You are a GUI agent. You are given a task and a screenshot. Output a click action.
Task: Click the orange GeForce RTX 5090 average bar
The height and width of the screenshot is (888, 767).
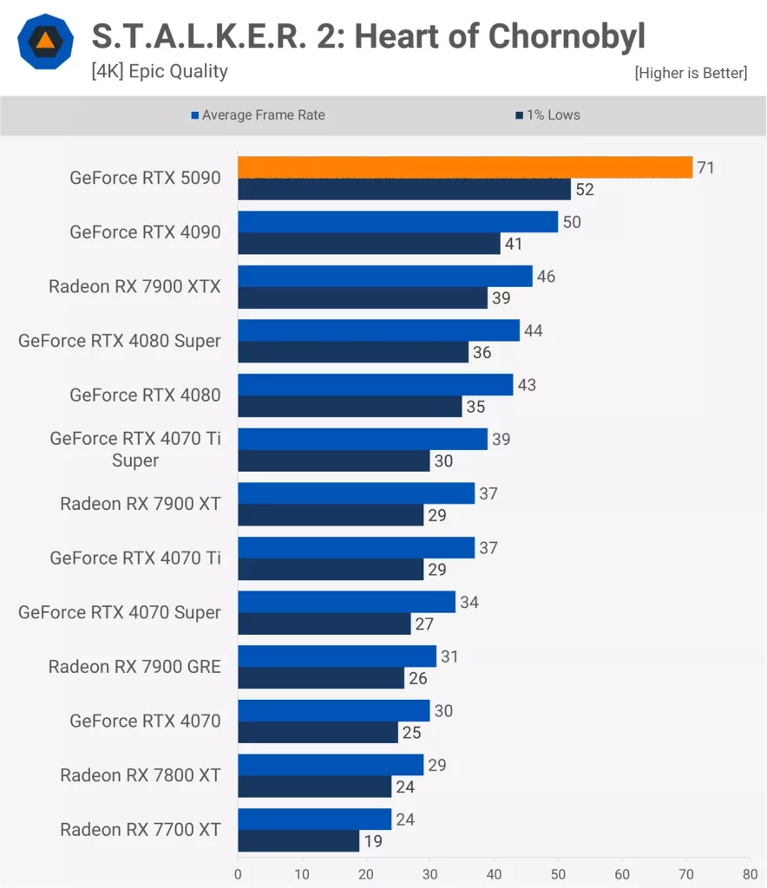pos(465,167)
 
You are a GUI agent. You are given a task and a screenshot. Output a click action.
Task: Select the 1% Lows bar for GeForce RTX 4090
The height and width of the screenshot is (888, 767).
pos(369,244)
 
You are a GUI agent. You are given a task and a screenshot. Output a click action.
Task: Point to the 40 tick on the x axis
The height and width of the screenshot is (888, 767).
pos(495,873)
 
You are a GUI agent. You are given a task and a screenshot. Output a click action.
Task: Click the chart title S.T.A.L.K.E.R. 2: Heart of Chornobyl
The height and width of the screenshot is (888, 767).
pos(368,37)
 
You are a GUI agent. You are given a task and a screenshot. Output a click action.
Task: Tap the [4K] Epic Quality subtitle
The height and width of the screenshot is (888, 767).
pos(160,72)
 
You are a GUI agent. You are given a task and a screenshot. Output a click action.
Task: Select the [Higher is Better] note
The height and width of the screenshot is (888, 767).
pos(691,74)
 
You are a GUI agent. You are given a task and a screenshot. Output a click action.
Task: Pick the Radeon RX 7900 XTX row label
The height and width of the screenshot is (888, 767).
pos(134,286)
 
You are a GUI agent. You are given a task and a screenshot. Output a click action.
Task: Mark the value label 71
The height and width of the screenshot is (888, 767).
pos(705,167)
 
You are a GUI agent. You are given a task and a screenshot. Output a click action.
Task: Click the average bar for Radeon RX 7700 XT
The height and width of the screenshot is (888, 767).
pos(314,819)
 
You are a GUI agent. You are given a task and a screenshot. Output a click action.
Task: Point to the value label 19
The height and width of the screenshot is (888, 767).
pos(375,841)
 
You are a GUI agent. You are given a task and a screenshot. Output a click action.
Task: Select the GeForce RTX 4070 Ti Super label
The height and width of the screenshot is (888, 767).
pos(135,449)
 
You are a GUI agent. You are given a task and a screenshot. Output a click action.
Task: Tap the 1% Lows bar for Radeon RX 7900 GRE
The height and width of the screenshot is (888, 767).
pos(321,678)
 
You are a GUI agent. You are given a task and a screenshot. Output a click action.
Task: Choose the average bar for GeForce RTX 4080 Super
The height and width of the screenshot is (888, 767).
pos(378,330)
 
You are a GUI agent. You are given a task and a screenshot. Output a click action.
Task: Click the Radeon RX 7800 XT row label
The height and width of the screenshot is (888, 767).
pos(141,775)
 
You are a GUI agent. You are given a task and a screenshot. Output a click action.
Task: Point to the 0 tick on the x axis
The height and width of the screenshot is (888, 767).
pos(238,873)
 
